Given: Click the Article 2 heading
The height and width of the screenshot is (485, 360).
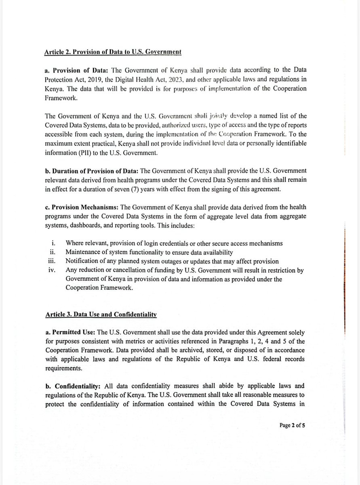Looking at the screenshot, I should click(x=113, y=52).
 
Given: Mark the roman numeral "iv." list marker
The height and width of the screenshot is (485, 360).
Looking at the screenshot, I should click(x=53, y=270).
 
